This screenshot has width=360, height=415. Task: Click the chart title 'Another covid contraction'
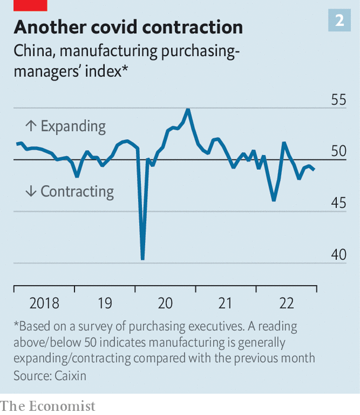coord(128,27)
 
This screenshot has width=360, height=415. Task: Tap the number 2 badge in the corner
coord(339,21)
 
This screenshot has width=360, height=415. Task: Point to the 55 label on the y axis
coord(338,99)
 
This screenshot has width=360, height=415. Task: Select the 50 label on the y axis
coord(338,152)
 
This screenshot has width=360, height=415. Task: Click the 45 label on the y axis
coord(338,203)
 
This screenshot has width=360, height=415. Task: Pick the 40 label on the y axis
coord(338,255)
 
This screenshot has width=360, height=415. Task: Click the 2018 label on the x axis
coord(44,304)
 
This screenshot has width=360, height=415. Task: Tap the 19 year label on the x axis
coord(105,304)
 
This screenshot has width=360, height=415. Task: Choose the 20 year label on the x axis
coord(165,304)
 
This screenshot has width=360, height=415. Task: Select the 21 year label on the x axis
coord(226,304)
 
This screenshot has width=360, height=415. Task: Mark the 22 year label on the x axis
coord(287,304)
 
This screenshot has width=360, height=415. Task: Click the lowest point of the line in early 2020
coord(143,259)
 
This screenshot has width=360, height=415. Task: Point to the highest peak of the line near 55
coord(188,109)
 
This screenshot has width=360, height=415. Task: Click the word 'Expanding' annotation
coord(73,126)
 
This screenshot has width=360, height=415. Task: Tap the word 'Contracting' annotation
coord(77,191)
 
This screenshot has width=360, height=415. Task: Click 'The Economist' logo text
coord(47,406)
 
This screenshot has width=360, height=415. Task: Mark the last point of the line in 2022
coord(314,170)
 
